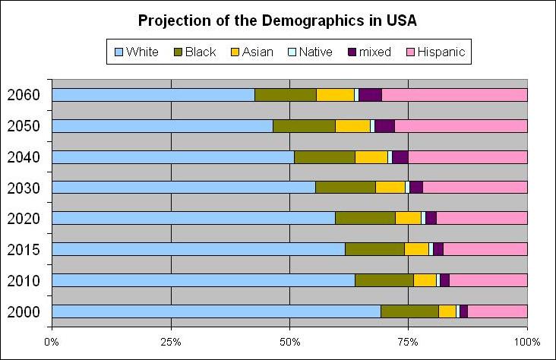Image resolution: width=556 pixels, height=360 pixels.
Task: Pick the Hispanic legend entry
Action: coord(439,52)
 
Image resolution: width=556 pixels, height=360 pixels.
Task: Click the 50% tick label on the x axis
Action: coord(289,341)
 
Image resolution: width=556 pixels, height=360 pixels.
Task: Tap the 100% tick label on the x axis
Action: coord(526,341)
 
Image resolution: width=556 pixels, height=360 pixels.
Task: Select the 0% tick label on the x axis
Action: coord(52,341)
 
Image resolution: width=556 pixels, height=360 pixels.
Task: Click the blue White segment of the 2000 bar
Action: coord(216,311)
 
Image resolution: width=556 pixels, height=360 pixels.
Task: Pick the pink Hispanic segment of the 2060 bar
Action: coord(454,95)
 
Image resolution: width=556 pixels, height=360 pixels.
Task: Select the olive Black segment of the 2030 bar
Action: coord(345,188)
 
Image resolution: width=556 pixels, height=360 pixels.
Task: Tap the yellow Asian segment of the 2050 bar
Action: coord(352,126)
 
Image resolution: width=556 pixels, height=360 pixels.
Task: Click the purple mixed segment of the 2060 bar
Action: coord(370,95)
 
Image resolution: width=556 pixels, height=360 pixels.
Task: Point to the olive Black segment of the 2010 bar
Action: coord(384,280)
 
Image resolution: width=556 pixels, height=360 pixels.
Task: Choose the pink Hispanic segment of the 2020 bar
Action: coord(482,219)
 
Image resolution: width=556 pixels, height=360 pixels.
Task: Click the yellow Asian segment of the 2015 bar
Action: coord(416,249)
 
